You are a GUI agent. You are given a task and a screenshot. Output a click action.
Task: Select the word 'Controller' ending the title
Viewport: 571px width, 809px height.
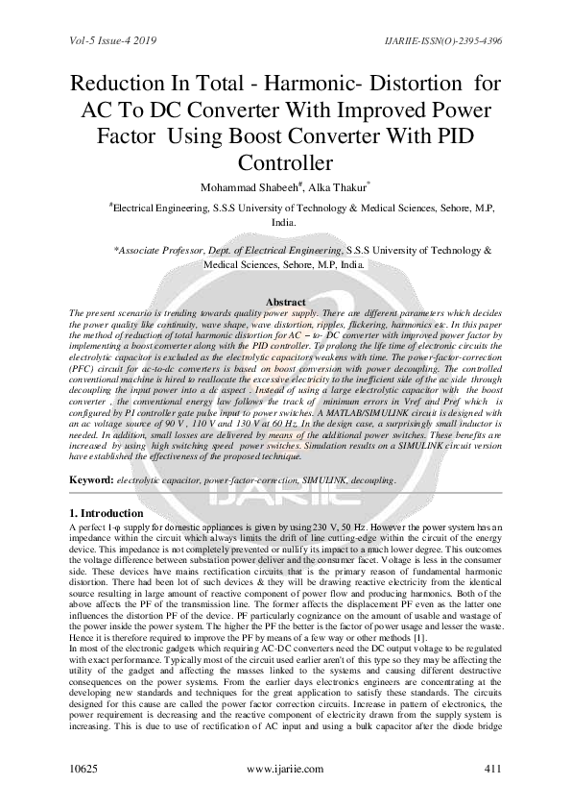point(286,162)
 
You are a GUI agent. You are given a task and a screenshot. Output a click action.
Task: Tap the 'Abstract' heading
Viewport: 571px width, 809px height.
point(285,302)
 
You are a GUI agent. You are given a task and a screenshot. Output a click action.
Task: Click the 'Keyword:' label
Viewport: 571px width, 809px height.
point(95,478)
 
